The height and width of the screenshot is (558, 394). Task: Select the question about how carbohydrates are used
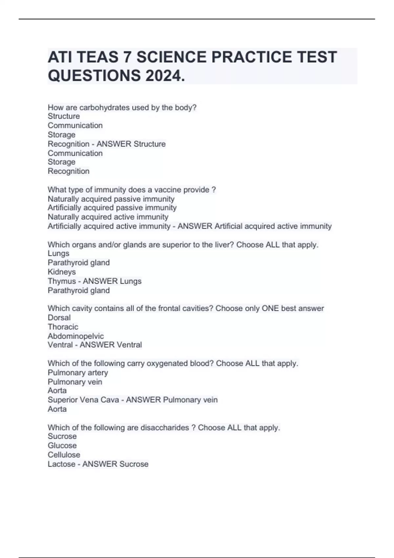tap(122, 107)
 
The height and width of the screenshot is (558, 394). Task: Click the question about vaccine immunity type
tap(132, 190)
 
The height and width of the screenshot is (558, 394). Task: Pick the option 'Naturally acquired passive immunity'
tap(111, 199)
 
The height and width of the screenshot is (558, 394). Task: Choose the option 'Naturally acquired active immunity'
tap(108, 217)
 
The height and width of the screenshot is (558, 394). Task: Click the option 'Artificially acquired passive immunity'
tap(112, 208)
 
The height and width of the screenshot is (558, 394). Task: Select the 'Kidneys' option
tap(62, 272)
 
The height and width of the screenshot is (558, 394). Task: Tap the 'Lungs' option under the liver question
tap(58, 253)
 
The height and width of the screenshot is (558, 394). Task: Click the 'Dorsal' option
tap(59, 317)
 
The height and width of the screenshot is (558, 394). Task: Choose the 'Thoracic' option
tap(63, 327)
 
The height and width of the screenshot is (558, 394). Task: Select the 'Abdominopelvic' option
tap(76, 336)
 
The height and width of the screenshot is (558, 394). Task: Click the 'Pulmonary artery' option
tap(78, 373)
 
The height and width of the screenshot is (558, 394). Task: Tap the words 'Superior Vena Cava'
tap(83, 400)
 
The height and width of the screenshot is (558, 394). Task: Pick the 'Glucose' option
tap(62, 445)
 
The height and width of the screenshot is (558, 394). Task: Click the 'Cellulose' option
tap(64, 455)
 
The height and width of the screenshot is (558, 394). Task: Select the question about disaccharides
tap(164, 427)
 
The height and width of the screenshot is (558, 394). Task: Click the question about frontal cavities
tap(186, 308)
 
